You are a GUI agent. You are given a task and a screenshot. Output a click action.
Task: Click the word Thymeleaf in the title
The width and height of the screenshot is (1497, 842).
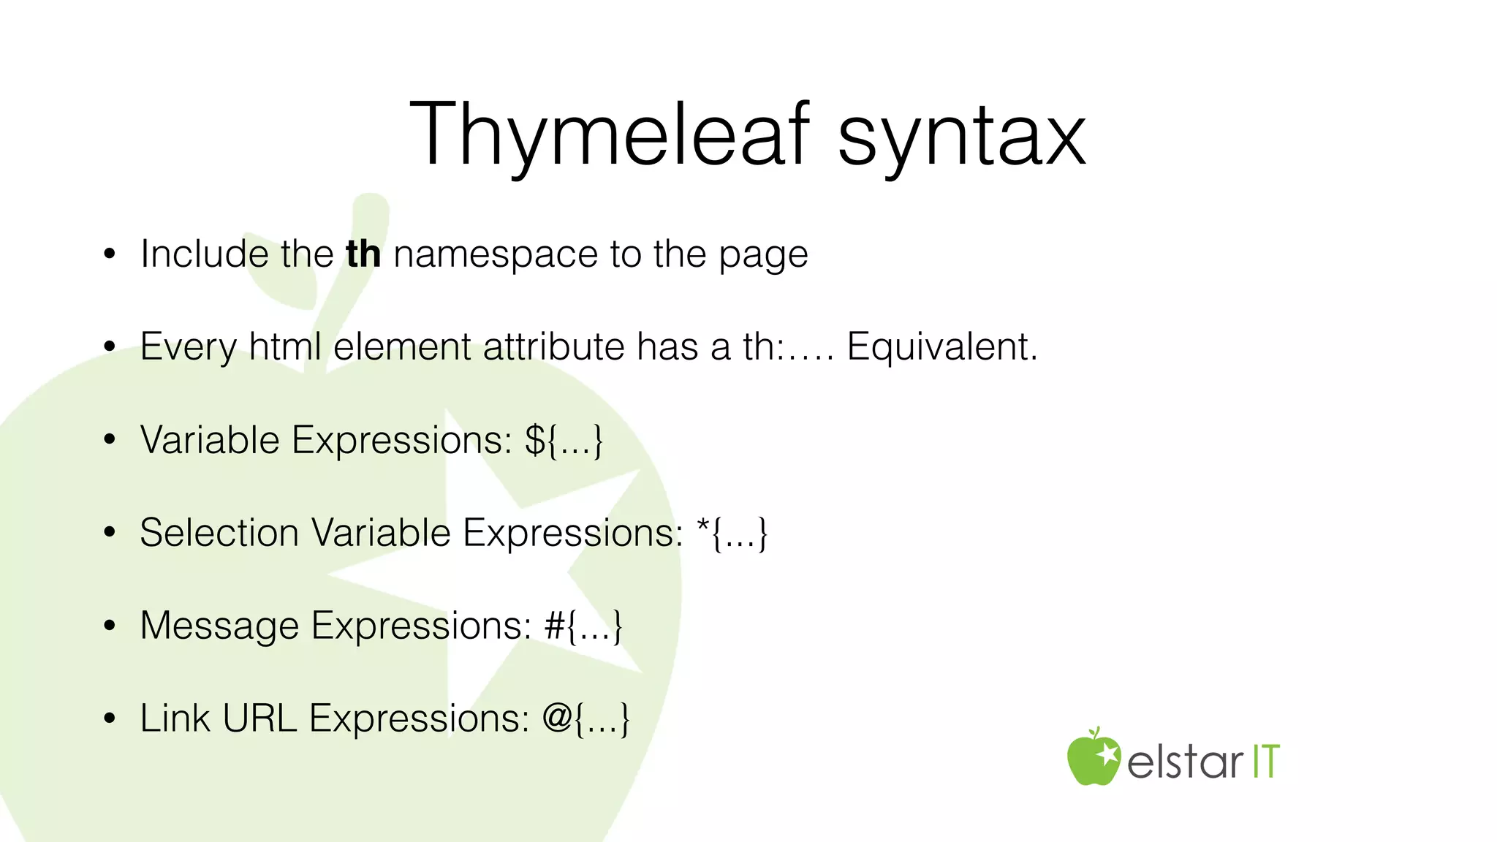click(610, 136)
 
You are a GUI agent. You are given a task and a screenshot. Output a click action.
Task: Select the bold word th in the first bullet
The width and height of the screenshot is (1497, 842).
click(363, 254)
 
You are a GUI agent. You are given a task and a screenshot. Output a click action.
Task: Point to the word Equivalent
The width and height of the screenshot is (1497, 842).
click(941, 346)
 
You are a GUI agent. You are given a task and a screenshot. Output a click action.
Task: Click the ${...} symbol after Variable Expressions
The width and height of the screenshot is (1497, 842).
click(564, 441)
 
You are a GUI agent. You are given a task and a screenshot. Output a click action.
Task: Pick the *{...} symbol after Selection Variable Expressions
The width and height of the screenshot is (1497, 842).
click(732, 534)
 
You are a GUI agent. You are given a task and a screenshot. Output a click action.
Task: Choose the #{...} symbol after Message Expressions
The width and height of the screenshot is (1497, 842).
click(583, 626)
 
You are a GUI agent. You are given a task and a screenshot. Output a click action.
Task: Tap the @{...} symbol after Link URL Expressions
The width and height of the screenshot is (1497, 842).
click(585, 719)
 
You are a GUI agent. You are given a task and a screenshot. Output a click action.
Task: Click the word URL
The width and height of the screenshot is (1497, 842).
click(259, 718)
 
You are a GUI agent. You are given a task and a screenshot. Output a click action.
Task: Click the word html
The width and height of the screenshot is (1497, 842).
click(285, 346)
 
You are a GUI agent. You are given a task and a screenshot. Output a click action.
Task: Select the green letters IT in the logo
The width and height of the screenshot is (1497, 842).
click(1266, 762)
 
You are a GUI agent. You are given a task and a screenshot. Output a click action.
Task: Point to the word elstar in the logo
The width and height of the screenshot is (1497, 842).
click(1184, 762)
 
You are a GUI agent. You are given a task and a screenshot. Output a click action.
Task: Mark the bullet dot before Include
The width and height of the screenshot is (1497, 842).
click(110, 255)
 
